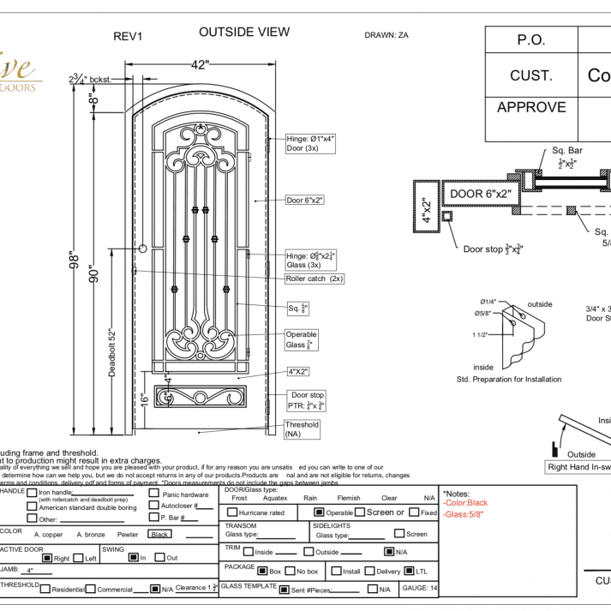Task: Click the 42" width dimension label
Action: (x=200, y=65)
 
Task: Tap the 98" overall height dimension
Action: (x=75, y=257)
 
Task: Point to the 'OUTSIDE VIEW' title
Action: (x=244, y=33)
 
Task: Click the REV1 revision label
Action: (x=128, y=37)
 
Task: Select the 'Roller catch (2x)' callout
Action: (x=314, y=279)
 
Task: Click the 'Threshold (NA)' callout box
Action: (x=302, y=429)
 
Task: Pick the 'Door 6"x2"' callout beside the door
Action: (x=305, y=200)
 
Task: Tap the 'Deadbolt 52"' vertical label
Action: (x=111, y=351)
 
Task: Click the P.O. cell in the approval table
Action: (x=531, y=40)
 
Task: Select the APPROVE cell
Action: (x=531, y=108)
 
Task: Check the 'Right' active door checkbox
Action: (x=47, y=558)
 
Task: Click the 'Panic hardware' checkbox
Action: (x=154, y=494)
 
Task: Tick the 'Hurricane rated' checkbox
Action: (x=231, y=512)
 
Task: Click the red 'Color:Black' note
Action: (x=465, y=503)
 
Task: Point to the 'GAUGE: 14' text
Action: (x=420, y=589)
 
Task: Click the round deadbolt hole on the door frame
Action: (x=142, y=249)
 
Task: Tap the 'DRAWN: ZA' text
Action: (x=386, y=35)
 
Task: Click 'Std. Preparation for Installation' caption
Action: (x=509, y=379)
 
